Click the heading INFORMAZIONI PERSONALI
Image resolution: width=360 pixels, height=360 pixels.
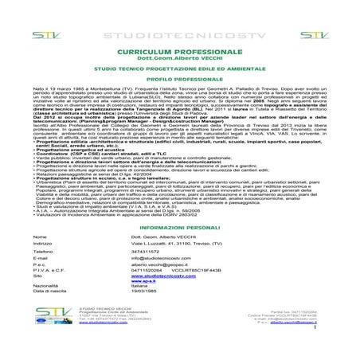[x=179, y=227]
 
